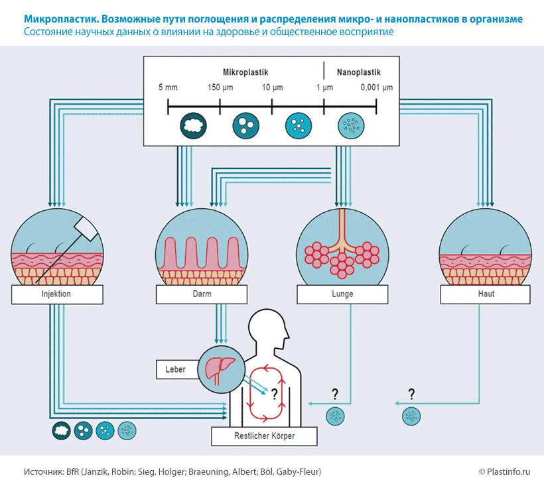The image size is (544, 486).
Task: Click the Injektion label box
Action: [51, 294]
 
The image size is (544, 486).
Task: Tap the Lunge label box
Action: [342, 294]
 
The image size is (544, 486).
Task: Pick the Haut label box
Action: [485, 294]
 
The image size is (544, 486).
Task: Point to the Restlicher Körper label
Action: [264, 436]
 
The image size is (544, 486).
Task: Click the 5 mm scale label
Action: [168, 88]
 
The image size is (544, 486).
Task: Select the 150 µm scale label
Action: [220, 88]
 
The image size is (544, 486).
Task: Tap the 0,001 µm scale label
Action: [376, 88]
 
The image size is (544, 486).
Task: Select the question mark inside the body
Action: [273, 391]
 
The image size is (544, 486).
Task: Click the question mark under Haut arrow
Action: [411, 393]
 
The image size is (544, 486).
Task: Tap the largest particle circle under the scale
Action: [193, 124]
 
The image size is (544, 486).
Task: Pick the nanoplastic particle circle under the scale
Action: [350, 124]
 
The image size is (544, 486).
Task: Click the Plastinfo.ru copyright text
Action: [505, 472]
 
